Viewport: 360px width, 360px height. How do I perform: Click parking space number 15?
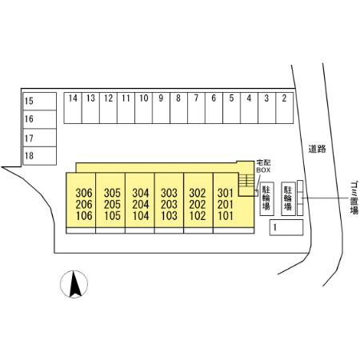39,102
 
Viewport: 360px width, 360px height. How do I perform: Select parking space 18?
39,156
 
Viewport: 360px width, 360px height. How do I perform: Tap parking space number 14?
73,108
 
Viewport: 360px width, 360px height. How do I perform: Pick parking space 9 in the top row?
161,108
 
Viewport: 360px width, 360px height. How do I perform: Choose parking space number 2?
285,108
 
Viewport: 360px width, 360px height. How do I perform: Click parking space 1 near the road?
286,227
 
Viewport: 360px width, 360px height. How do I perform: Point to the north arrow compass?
74,284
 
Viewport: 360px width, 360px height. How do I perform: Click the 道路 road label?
318,149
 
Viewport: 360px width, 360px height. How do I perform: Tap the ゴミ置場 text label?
354,198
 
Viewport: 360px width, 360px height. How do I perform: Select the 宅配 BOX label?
263,166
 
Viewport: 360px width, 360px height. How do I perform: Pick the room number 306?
84,193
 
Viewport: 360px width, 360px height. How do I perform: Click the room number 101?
226,216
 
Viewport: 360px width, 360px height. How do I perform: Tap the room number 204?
141,205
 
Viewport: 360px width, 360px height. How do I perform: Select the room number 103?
169,216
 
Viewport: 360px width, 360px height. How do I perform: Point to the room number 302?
198,193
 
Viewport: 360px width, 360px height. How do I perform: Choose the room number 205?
112,205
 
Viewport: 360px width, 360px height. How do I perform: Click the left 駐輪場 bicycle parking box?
267,199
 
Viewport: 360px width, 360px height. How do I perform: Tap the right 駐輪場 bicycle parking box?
289,199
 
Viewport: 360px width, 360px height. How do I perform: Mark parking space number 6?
214,108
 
